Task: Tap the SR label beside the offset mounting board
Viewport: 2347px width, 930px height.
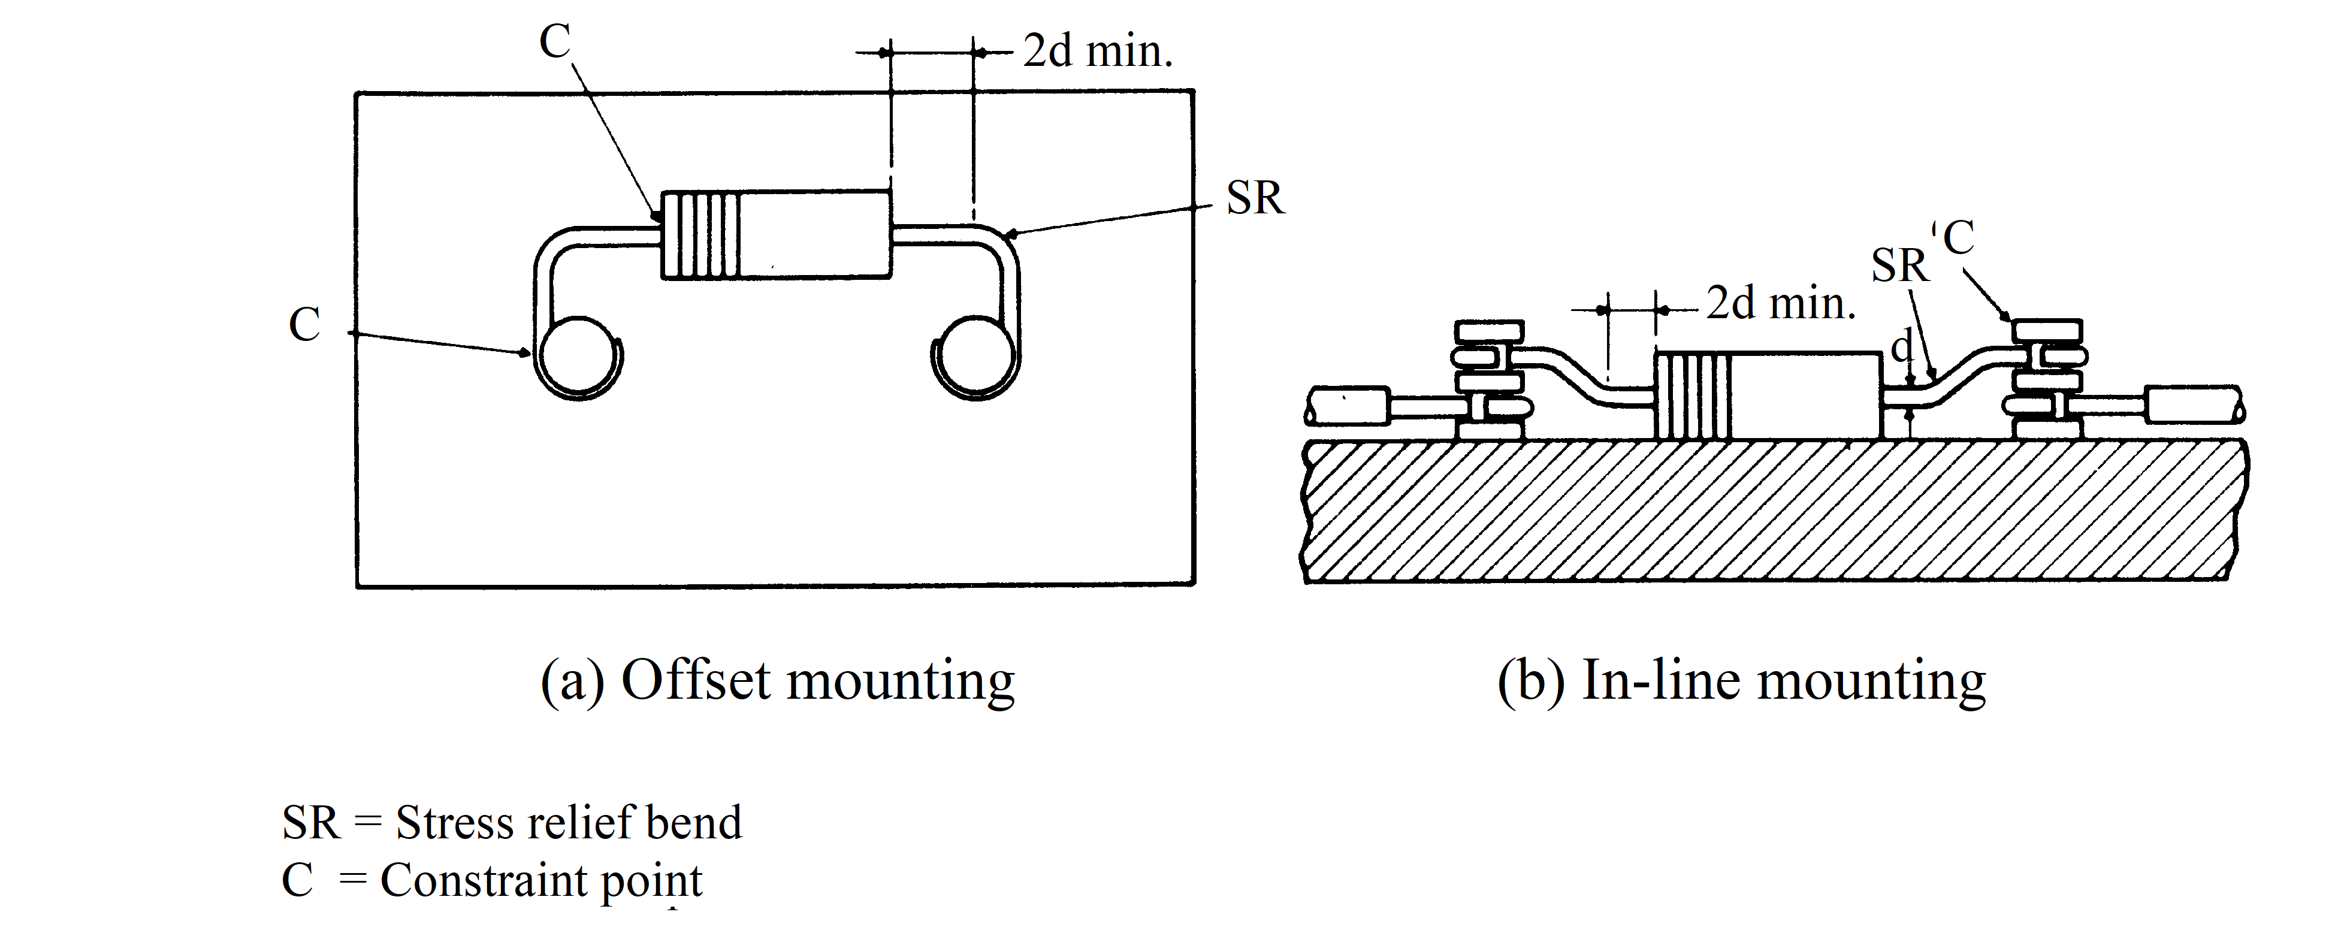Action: (1255, 198)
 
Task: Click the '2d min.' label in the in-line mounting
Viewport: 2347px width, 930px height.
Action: (1780, 303)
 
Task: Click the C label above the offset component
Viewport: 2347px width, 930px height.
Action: (555, 41)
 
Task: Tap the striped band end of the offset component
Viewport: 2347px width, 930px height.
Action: (700, 235)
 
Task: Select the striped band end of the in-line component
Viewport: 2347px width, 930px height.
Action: (1691, 395)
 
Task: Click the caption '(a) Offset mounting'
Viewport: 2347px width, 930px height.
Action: (777, 680)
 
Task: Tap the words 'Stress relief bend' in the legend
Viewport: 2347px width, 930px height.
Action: (569, 823)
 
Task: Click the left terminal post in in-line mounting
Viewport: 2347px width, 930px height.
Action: (1489, 378)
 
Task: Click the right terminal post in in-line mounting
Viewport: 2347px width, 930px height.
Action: (2046, 378)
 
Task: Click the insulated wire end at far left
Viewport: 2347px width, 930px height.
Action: (1348, 405)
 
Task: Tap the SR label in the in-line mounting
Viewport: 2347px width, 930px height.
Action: (1899, 267)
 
